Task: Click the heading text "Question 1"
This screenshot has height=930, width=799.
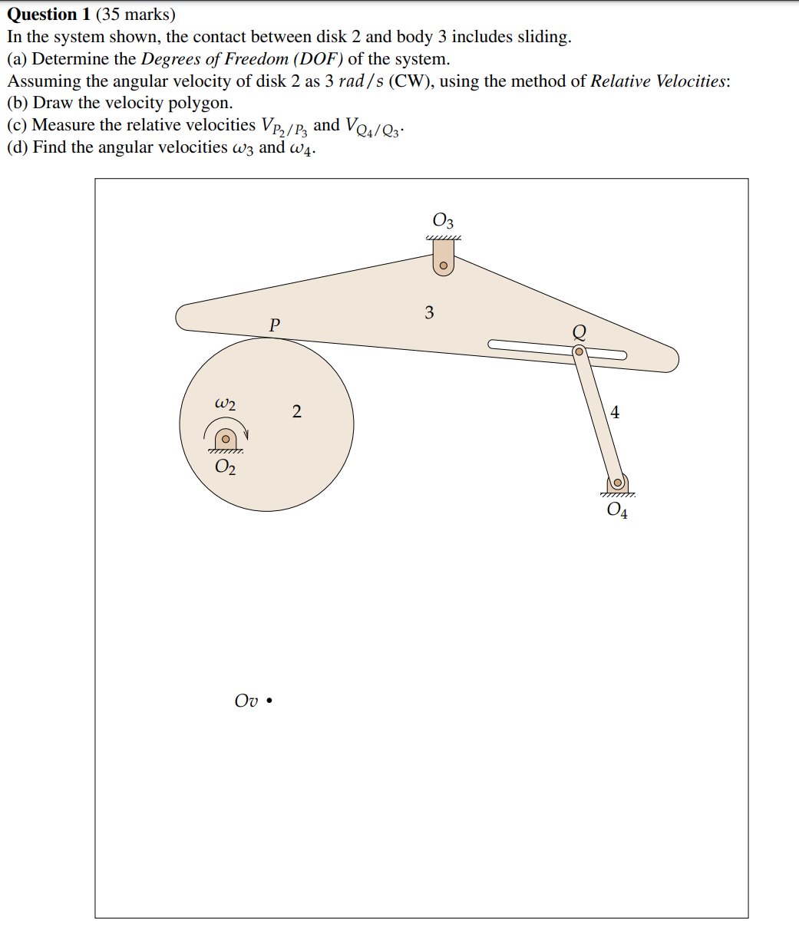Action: [48, 15]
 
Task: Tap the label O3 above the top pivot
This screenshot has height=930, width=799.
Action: [443, 221]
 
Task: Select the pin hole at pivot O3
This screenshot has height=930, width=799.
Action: [443, 266]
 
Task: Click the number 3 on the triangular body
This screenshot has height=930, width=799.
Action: [429, 312]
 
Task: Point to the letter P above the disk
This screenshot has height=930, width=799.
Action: [274, 325]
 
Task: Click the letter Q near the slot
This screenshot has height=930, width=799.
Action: [579, 331]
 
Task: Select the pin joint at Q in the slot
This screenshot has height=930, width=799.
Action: [579, 352]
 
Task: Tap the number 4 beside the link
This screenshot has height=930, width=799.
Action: [615, 413]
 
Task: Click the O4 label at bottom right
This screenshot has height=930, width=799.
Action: [616, 510]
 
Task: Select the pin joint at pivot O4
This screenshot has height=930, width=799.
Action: [617, 483]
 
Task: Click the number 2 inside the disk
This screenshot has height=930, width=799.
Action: [297, 412]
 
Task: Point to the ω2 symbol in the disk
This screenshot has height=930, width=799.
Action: [226, 403]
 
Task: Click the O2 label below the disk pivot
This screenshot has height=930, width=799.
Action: [225, 466]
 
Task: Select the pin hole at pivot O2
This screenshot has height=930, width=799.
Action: [226, 440]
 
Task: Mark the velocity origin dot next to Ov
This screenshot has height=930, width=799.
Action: [269, 701]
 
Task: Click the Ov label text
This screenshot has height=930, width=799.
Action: [246, 701]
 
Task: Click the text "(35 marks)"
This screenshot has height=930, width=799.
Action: [135, 15]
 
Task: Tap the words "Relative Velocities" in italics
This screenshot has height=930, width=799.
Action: [658, 81]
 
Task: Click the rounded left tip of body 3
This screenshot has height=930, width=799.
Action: [184, 317]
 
